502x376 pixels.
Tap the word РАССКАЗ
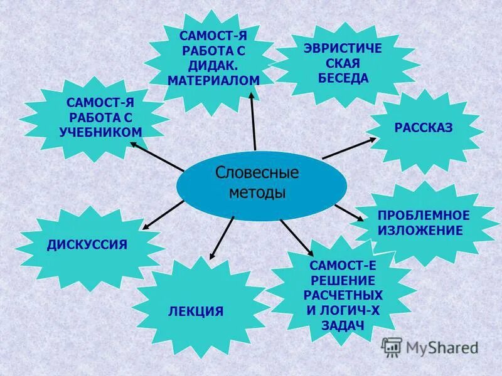tap(424, 128)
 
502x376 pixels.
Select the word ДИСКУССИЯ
tap(87, 244)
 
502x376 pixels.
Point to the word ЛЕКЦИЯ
tap(196, 311)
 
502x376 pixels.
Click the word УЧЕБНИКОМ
tap(100, 132)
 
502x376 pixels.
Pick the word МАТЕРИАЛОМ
tap(213, 81)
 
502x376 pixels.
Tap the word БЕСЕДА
tap(343, 78)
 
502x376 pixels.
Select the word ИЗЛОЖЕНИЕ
tap(420, 231)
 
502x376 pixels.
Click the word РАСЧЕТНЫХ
tap(343, 294)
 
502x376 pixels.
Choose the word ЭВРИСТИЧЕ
tap(343, 48)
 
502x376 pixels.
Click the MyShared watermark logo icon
tap(392, 347)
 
